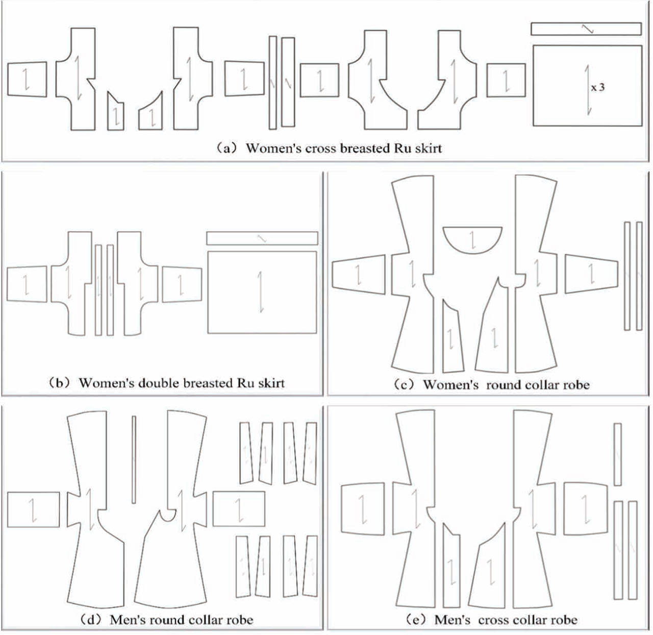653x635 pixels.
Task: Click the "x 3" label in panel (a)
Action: (597, 87)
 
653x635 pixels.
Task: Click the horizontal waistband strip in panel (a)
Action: (586, 29)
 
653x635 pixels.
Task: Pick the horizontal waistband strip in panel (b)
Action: (262, 238)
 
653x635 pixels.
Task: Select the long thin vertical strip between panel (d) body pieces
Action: (134, 459)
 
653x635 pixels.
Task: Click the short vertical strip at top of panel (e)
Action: (617, 454)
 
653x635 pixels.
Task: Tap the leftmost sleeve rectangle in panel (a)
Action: (27, 79)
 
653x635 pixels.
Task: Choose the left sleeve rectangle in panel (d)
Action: (33, 509)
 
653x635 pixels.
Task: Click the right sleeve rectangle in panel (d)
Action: (239, 508)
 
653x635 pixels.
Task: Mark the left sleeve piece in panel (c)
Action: (358, 275)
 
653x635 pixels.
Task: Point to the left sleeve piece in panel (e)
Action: (362, 509)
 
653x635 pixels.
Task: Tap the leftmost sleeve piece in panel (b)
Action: (27, 284)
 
